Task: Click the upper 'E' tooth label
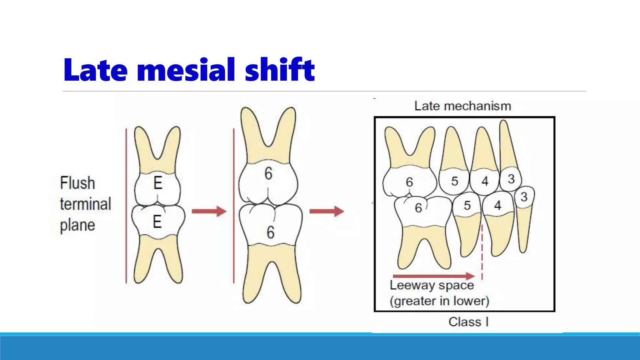pos(158,183)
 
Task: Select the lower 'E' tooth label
pos(157,222)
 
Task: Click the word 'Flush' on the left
pos(77,183)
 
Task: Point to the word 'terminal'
pos(85,204)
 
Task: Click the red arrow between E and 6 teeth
pos(209,211)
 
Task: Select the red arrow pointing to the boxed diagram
pos(327,211)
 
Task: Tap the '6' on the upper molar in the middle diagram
pos(268,173)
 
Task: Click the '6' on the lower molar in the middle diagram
pos(271,232)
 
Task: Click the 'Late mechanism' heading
pos(462,106)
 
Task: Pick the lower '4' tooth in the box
pos(497,206)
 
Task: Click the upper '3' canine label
pos(511,179)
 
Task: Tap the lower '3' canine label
pos(524,197)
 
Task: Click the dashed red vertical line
pos(482,250)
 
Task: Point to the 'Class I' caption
pos(468,322)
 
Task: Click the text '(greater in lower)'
pos(439,301)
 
